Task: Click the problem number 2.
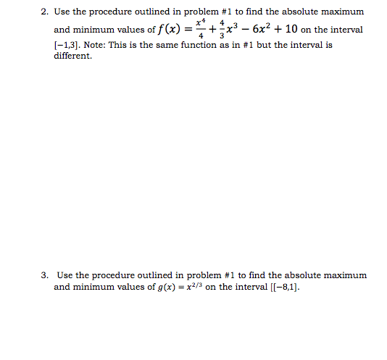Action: click(x=44, y=12)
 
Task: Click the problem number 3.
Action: click(x=44, y=275)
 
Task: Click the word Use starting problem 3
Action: click(x=64, y=275)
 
